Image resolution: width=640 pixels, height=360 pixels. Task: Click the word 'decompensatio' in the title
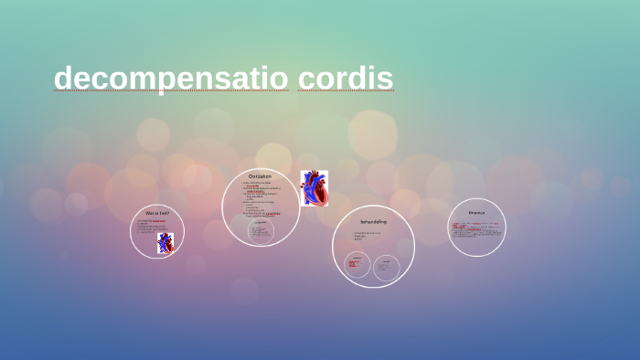[171, 79]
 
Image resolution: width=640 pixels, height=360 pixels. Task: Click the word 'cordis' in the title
[345, 79]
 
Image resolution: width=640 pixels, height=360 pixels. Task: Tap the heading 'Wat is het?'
[157, 213]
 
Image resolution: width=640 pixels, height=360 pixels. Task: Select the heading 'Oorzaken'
[260, 176]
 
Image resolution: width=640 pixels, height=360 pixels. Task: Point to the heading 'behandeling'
[373, 222]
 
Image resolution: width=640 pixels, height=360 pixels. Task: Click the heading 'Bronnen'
[476, 213]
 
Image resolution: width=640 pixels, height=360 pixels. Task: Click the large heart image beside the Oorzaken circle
[314, 188]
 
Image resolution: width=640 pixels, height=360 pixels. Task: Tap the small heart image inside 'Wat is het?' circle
[165, 242]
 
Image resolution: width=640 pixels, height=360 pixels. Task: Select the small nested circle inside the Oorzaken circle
[261, 230]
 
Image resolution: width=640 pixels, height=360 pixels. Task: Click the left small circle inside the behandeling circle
[357, 265]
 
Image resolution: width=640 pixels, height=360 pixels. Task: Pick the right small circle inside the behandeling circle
[387, 268]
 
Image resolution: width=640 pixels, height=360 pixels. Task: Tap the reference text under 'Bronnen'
[476, 228]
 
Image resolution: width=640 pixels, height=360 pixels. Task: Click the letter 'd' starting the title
[62, 79]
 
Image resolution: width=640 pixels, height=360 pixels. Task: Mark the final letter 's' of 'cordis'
[387, 79]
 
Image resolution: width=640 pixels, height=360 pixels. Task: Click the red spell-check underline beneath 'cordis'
[345, 91]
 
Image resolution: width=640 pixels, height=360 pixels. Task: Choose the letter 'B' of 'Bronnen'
[470, 213]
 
